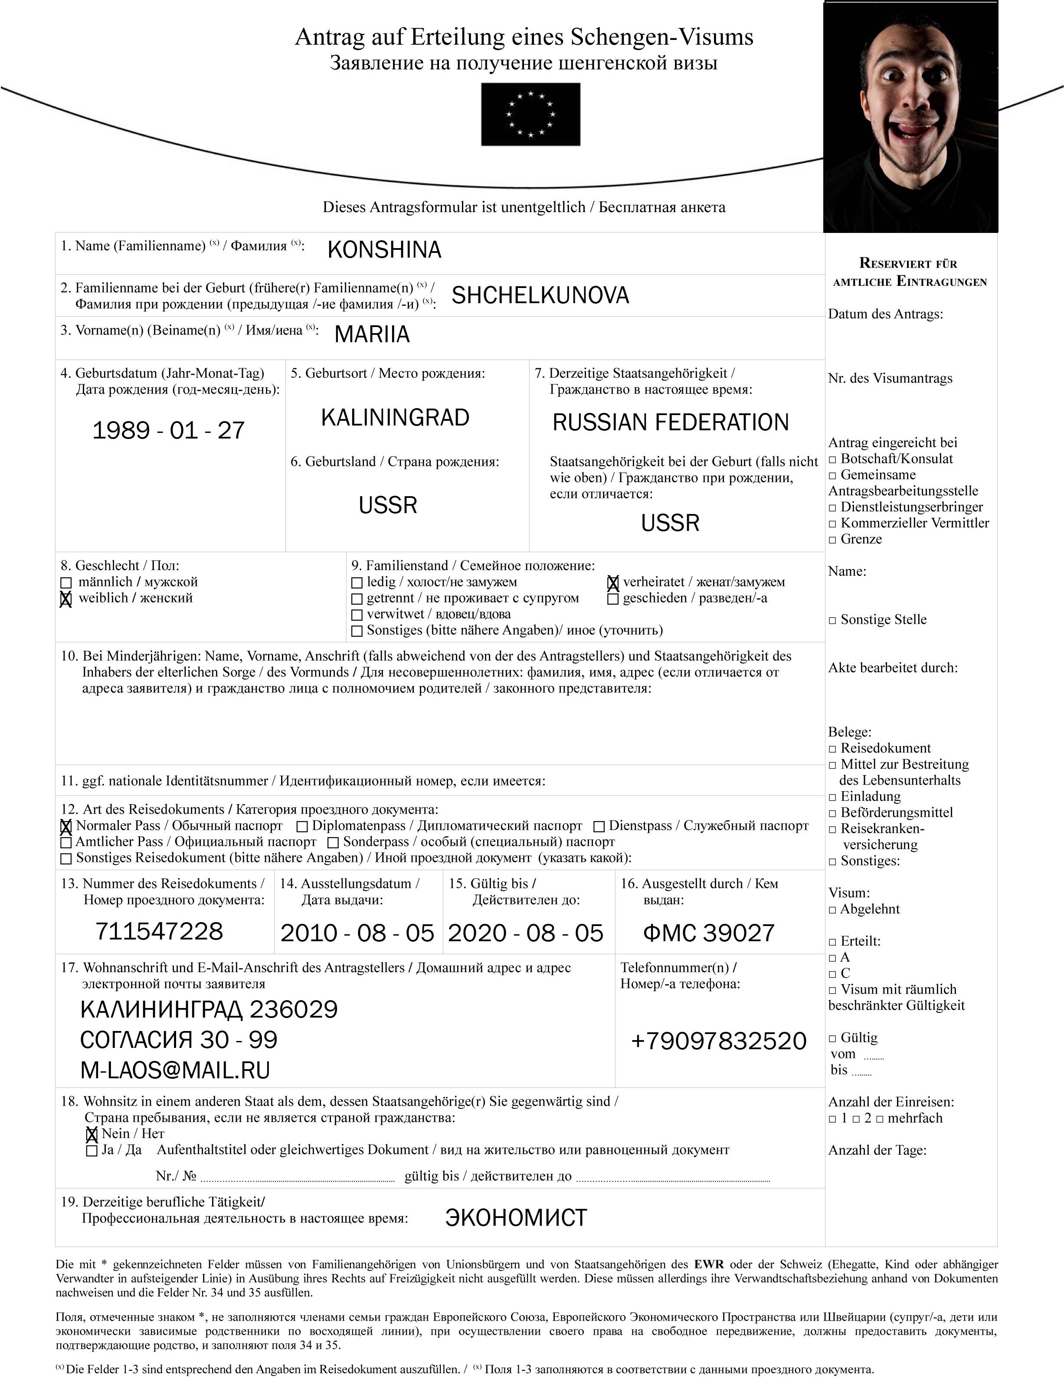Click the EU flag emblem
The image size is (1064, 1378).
tap(530, 115)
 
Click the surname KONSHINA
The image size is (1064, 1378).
tap(384, 250)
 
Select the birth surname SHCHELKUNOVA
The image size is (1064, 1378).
tap(540, 295)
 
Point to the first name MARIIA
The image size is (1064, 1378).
tap(372, 334)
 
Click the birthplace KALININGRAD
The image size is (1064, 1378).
tap(395, 418)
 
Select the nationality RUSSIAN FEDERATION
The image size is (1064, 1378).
tap(670, 422)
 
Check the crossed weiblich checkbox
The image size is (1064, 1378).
tap(65, 599)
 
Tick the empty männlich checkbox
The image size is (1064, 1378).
tap(65, 583)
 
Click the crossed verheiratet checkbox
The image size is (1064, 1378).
tap(612, 583)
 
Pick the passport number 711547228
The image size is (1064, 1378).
tap(159, 931)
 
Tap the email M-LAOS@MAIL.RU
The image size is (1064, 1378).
tap(175, 1070)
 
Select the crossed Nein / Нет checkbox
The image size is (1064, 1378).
tap(92, 1134)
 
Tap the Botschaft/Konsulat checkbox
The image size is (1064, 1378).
tap(832, 460)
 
